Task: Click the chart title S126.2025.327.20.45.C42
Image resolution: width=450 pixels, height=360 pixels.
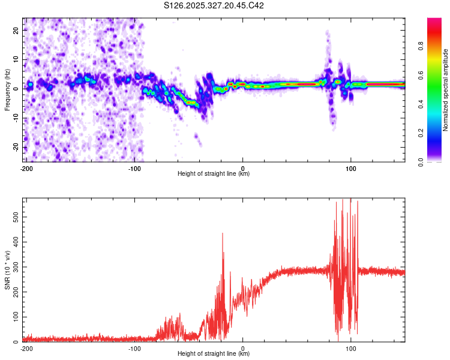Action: click(214, 6)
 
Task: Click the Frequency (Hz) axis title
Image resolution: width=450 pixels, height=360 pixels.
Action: click(7, 90)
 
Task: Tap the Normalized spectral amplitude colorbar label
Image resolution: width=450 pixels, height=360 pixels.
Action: click(446, 90)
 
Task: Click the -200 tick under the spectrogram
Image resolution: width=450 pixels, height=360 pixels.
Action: click(26, 167)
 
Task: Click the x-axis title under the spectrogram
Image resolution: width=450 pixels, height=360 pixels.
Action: click(214, 174)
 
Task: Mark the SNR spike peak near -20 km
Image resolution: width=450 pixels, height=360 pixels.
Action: click(223, 233)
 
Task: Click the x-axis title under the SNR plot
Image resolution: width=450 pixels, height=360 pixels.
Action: click(214, 354)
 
